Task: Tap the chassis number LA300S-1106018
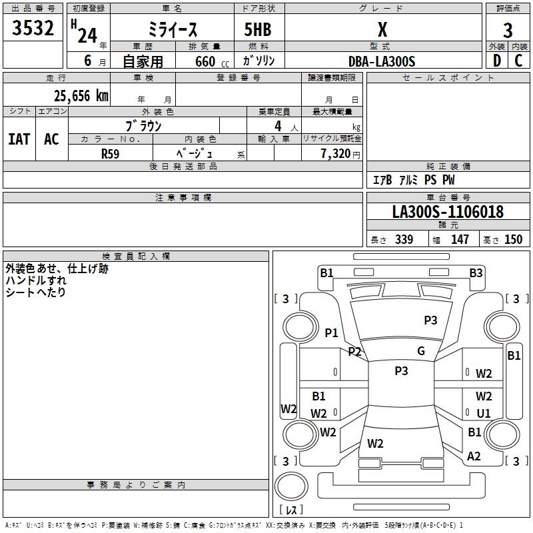[448, 213]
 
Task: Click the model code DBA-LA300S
[382, 61]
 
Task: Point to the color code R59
[111, 153]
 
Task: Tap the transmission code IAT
[19, 139]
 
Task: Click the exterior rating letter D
[497, 61]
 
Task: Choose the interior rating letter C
[518, 61]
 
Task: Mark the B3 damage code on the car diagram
[476, 272]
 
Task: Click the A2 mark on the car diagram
[474, 456]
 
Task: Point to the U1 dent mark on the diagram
[483, 414]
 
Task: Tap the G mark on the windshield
[421, 351]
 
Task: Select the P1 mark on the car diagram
[331, 332]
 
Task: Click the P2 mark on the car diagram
[354, 351]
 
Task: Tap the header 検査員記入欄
[136, 256]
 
